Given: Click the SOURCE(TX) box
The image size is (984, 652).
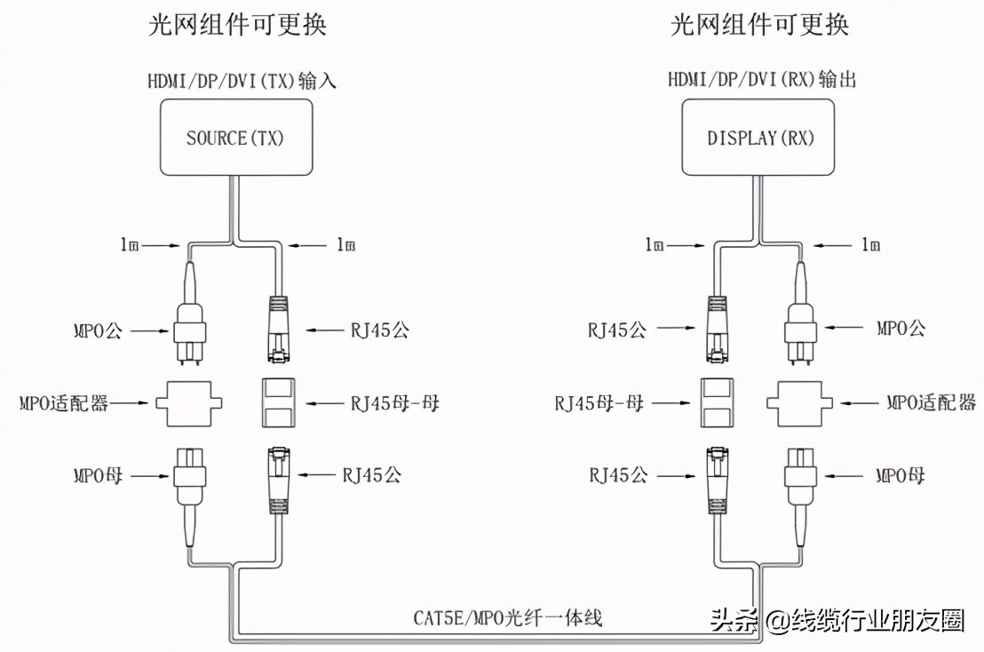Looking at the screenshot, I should [235, 138].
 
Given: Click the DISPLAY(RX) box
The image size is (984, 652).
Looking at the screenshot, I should [759, 138].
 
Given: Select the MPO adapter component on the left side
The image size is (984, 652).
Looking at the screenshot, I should [189, 402].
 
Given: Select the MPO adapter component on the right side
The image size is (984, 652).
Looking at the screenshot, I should [800, 402].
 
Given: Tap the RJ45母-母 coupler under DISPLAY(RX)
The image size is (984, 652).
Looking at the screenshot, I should [717, 402].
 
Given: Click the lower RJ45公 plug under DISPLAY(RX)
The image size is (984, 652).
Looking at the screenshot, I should [717, 480].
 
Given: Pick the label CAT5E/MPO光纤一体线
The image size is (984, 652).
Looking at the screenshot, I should [508, 617].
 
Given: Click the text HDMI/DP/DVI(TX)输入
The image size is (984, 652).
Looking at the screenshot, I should [242, 81].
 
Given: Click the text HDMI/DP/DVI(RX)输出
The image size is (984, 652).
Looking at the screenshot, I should [762, 81].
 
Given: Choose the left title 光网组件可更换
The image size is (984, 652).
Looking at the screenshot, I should [237, 24].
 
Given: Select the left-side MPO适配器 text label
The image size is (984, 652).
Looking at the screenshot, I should [64, 403].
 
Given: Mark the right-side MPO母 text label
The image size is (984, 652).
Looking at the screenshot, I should [901, 475].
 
